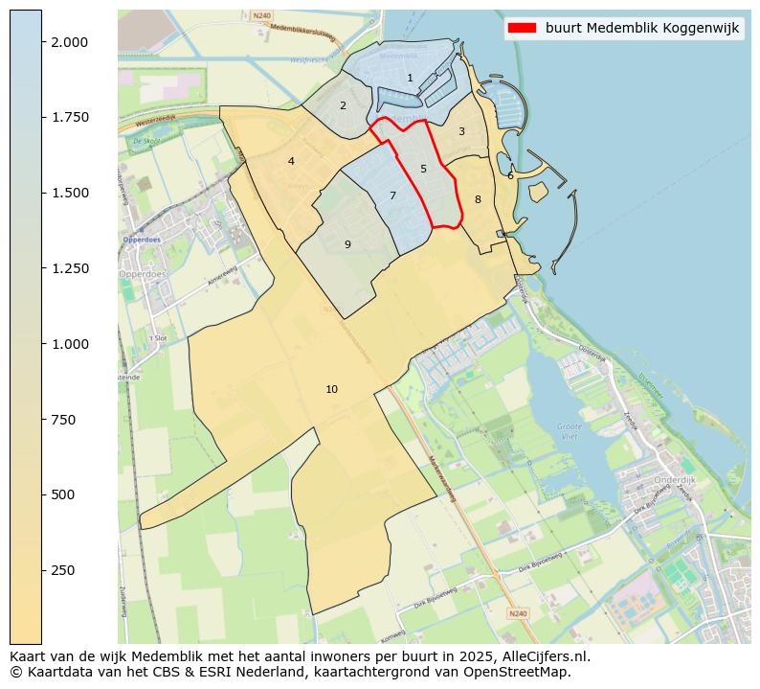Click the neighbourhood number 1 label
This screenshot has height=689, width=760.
click(410, 79)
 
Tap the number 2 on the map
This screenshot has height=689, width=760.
click(343, 105)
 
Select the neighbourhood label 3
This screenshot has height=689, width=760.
click(461, 131)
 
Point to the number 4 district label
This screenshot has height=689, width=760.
click(291, 161)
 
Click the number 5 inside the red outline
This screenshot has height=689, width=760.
click(423, 169)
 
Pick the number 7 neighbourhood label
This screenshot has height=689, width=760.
click(392, 195)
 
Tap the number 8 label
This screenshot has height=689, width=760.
click(478, 199)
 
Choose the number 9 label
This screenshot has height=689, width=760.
click(347, 244)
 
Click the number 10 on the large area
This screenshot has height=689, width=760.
click(331, 389)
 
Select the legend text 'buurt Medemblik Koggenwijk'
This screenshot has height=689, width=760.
click(642, 28)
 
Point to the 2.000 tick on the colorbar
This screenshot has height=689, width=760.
click(70, 42)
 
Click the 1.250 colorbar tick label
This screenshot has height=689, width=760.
click(70, 268)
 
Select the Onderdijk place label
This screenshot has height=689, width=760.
click(674, 480)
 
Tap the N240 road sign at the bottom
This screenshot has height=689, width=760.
click(517, 613)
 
